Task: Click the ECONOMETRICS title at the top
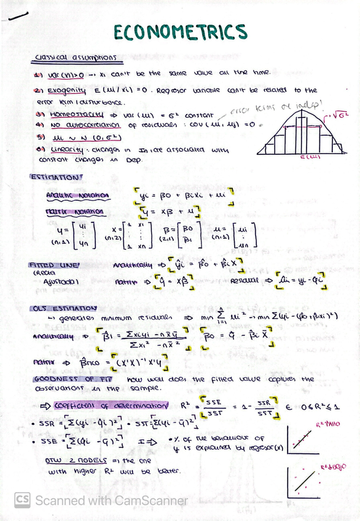coord(180,31)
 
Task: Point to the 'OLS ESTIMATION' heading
coord(63,308)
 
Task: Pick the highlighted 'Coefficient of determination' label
coord(111,406)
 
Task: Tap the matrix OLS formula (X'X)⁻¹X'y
coord(144,362)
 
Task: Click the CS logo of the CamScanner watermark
coord(23,500)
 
